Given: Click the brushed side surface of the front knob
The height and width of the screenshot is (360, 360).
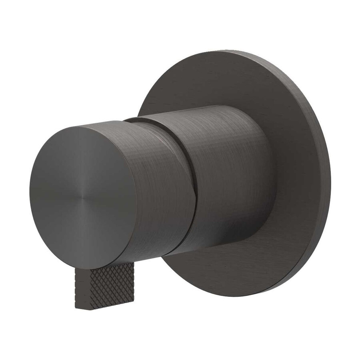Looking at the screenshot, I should (160, 188).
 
